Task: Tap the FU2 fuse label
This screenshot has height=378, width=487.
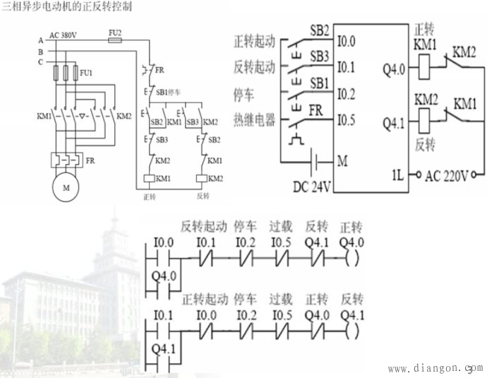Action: pos(115,33)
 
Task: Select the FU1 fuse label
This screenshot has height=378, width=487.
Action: pos(85,73)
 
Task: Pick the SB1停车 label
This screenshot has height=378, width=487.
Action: pos(168,93)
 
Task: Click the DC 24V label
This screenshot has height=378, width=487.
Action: pos(311,187)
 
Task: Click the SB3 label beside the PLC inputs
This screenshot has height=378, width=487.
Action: pos(320,54)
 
